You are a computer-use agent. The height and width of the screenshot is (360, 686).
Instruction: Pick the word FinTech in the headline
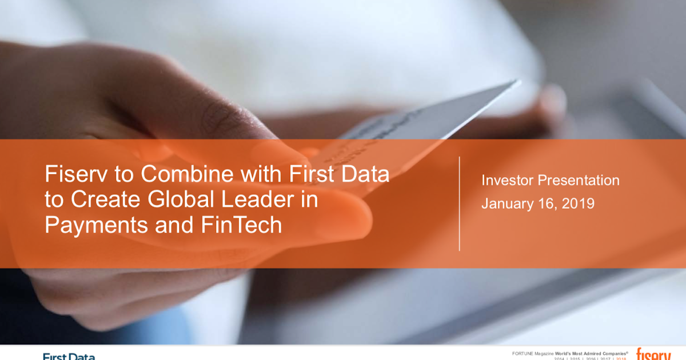[x=242, y=225]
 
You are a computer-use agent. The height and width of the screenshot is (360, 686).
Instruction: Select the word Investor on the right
[x=506, y=181]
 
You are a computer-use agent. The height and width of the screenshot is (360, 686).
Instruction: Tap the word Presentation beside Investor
[x=578, y=181]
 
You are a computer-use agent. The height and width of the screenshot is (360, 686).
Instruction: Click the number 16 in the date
[x=543, y=203]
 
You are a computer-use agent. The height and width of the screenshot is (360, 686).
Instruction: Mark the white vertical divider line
[x=460, y=203]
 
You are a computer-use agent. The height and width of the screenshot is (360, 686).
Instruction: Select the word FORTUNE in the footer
[x=523, y=354]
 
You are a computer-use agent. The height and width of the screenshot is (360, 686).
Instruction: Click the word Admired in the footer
[x=593, y=354]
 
